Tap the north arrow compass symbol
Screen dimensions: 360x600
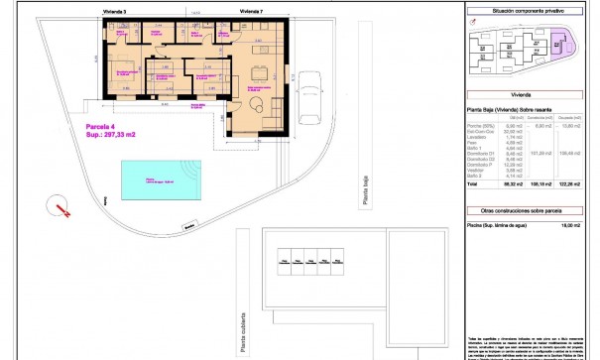pyautogui.click(x=61, y=208)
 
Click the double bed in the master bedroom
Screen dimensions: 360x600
pyautogui.click(x=128, y=74)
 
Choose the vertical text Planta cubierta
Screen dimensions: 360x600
pyautogui.click(x=241, y=326)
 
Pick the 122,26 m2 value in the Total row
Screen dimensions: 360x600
pyautogui.click(x=570, y=184)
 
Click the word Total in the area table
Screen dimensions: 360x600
pyautogui.click(x=472, y=184)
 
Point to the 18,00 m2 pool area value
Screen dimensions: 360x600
pyautogui.click(x=571, y=226)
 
